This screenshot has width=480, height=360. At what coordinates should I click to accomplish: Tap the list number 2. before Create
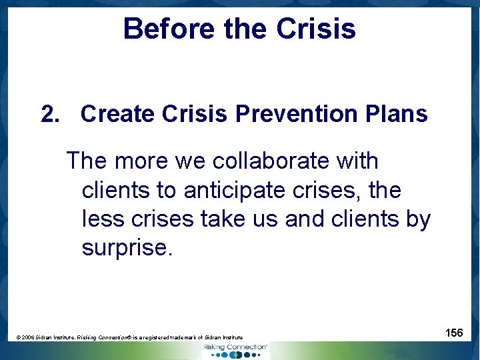[51, 114]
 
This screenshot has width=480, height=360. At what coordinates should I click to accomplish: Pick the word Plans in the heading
[398, 114]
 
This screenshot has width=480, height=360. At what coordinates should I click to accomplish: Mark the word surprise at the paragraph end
[127, 248]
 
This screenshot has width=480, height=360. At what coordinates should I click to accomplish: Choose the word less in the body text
[103, 219]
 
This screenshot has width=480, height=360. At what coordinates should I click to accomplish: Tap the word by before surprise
[417, 219]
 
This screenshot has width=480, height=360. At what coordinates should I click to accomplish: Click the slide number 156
[454, 333]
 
